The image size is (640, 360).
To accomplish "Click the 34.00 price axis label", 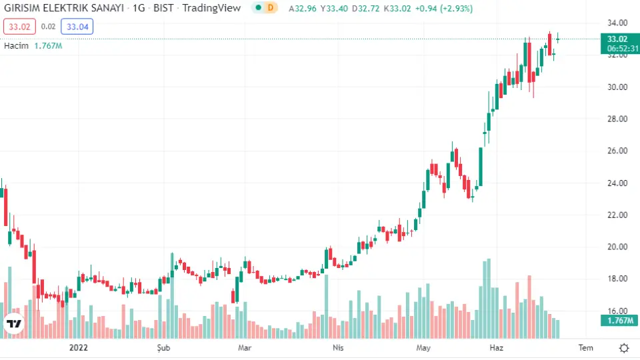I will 617,23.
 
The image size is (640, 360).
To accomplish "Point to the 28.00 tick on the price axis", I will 617,119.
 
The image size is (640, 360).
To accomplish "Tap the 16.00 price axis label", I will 617,311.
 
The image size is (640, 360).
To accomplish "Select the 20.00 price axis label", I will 617,247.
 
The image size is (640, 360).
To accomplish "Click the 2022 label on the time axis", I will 79,347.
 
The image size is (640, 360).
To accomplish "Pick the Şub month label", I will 163,347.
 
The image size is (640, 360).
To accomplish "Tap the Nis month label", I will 337,347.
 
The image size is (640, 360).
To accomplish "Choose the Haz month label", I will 496,347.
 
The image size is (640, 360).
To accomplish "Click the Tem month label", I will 585,347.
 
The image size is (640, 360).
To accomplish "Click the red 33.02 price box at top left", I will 17,27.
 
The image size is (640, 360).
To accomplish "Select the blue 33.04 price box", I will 77,27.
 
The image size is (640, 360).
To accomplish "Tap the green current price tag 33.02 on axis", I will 618,39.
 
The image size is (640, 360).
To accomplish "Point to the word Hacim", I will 17,46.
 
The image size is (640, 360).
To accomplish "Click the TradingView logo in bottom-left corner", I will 13,324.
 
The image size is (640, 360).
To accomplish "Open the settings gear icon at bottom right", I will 624,347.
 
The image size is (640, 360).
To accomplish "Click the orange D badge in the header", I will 270,8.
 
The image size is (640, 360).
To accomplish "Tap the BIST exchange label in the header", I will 163,8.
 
